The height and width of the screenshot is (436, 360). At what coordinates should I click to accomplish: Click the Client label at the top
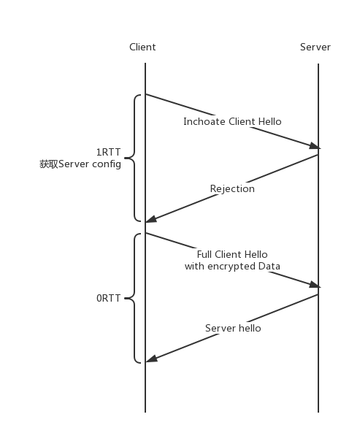click(142, 47)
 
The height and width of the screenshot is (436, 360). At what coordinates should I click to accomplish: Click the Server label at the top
click(315, 47)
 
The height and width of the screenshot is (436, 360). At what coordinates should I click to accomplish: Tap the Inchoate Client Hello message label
click(232, 121)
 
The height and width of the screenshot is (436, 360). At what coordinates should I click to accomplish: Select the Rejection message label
click(232, 189)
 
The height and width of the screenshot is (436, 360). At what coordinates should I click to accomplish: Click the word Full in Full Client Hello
click(204, 254)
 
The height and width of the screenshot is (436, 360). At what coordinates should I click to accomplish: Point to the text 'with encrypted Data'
click(232, 267)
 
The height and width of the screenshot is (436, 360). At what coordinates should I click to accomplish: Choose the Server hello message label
click(233, 328)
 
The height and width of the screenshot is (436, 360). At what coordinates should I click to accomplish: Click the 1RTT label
click(108, 152)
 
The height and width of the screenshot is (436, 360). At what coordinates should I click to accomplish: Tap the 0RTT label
click(108, 298)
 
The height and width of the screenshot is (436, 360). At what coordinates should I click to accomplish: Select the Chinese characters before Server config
click(49, 164)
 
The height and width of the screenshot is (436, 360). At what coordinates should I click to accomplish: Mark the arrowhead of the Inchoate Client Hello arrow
click(315, 146)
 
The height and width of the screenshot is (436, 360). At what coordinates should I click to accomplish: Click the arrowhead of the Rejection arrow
click(151, 219)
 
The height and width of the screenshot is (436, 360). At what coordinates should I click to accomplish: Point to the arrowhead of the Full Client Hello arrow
click(315, 284)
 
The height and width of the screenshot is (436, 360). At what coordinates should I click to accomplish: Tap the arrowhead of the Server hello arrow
click(151, 359)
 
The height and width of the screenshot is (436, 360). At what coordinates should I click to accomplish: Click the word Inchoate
click(204, 121)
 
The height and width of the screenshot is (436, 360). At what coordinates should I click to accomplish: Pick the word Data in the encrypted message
click(269, 266)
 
